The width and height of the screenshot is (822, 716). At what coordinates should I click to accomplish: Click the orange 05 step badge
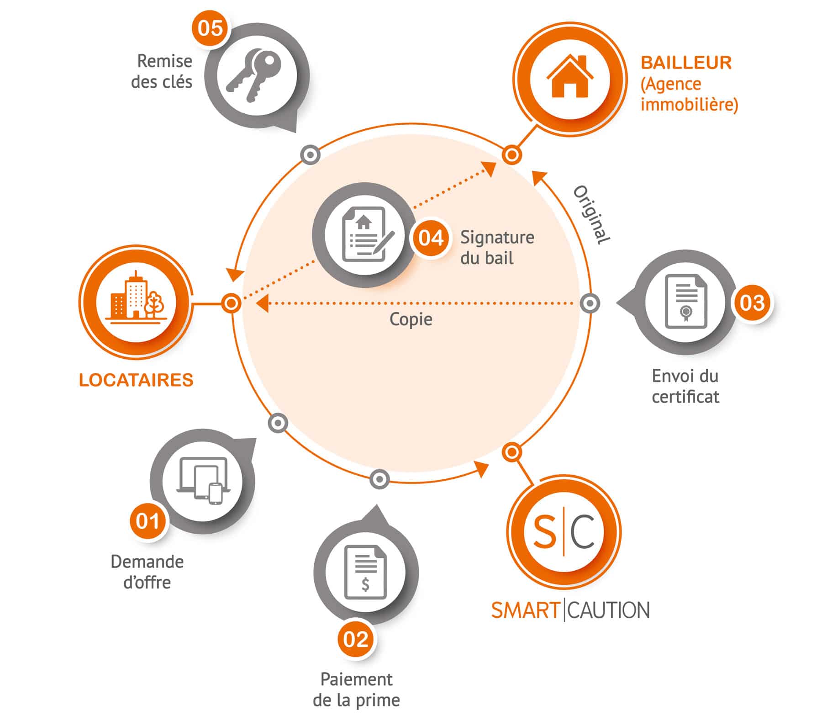(210, 28)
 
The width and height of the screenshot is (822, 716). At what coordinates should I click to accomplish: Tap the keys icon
(254, 75)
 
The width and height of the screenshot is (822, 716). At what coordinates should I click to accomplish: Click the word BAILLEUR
(686, 63)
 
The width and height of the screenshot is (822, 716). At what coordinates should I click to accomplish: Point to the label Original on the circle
(592, 215)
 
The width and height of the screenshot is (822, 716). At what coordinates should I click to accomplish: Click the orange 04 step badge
(431, 238)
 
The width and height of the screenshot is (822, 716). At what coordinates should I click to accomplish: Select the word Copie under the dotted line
(411, 319)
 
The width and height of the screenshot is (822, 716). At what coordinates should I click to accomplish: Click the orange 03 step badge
(752, 302)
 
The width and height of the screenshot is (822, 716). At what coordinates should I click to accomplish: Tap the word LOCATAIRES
(136, 380)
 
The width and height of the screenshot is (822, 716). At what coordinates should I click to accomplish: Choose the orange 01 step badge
(148, 521)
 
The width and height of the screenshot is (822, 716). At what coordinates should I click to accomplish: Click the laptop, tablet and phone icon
(202, 481)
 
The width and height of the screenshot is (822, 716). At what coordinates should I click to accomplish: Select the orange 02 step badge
(356, 639)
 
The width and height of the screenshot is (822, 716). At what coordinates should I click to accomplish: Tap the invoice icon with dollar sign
(365, 572)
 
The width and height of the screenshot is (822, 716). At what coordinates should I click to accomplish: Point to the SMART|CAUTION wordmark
(570, 610)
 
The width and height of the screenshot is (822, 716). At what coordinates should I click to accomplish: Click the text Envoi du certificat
(685, 386)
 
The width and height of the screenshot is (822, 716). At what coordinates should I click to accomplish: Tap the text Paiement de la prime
(356, 689)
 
